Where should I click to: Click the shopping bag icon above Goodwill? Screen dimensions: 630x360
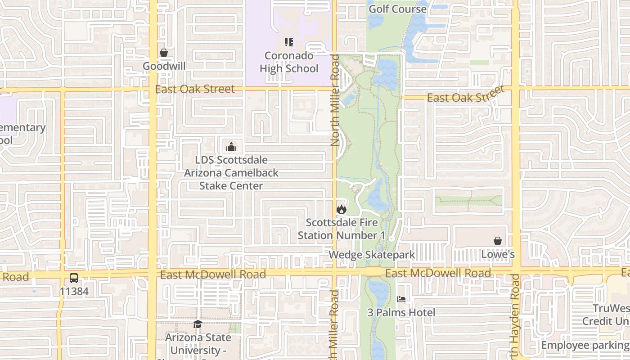pyautogui.click(x=164, y=53)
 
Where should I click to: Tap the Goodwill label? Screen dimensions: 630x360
pyautogui.click(x=164, y=66)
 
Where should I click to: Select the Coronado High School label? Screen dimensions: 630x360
pyautogui.click(x=289, y=62)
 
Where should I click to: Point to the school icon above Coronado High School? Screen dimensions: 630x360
pyautogui.click(x=289, y=43)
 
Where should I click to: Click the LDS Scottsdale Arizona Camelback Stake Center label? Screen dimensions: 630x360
pyautogui.click(x=231, y=173)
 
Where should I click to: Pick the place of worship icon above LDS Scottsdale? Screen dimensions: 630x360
pyautogui.click(x=231, y=147)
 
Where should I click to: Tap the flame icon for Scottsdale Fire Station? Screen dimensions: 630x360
pyautogui.click(x=342, y=209)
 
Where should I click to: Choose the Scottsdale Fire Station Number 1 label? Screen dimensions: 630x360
pyautogui.click(x=342, y=229)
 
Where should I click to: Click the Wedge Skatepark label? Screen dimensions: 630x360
pyautogui.click(x=372, y=255)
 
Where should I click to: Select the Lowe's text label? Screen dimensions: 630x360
pyautogui.click(x=498, y=254)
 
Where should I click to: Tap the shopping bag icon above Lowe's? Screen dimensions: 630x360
pyautogui.click(x=498, y=241)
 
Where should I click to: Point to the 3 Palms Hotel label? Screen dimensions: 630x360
pyautogui.click(x=401, y=312)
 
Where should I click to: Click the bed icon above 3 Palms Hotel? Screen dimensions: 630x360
pyautogui.click(x=401, y=299)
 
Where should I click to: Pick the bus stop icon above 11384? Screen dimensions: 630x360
pyautogui.click(x=74, y=278)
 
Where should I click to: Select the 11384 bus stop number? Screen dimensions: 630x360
pyautogui.click(x=74, y=292)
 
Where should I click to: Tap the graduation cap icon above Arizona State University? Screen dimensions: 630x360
pyautogui.click(x=198, y=324)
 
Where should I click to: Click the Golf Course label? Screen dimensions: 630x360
pyautogui.click(x=397, y=9)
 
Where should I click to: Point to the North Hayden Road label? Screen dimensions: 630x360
pyautogui.click(x=515, y=315)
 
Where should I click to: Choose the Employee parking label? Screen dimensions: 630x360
pyautogui.click(x=584, y=345)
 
